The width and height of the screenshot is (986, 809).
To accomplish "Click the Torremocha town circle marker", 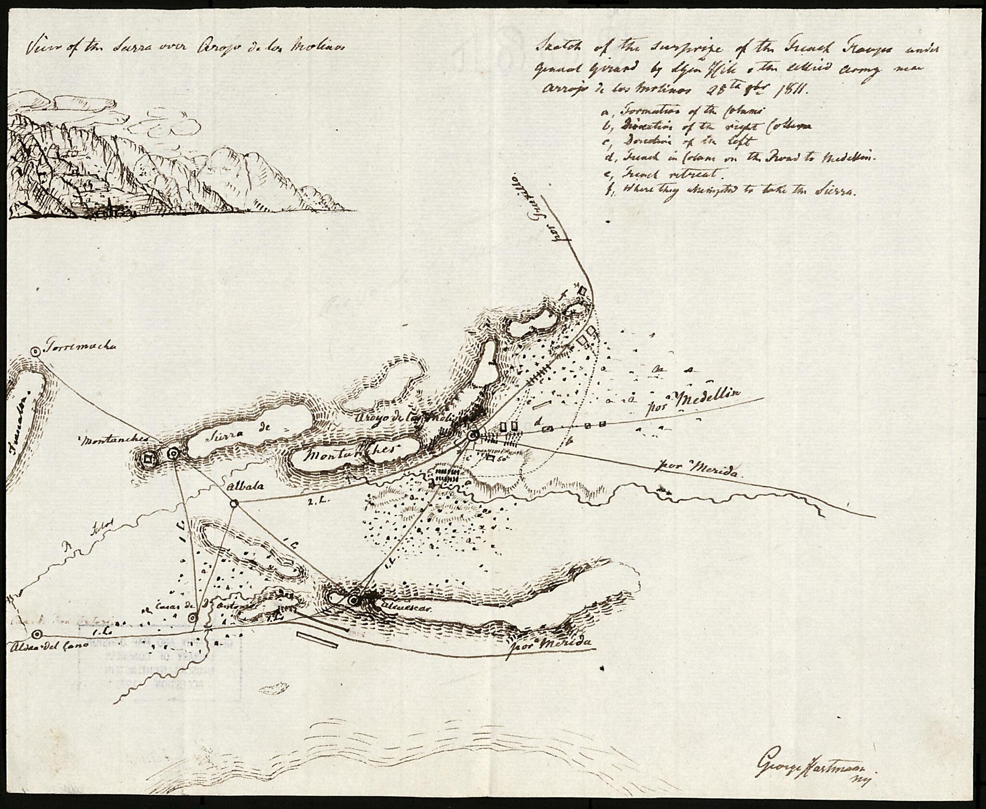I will click(x=35, y=352).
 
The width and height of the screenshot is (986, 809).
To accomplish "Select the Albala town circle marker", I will click(x=234, y=503).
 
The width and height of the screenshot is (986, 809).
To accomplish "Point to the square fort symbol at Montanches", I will click(x=148, y=458).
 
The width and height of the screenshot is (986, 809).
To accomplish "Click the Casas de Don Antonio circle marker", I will click(x=193, y=618).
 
